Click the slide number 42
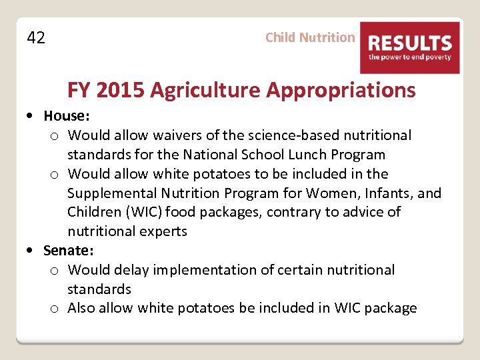click(36, 38)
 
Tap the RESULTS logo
click(410, 47)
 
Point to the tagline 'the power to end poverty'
click(410, 57)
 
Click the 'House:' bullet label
click(66, 116)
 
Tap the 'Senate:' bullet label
click(69, 251)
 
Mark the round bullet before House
click(32, 116)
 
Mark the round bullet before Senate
click(32, 251)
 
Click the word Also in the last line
click(82, 308)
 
